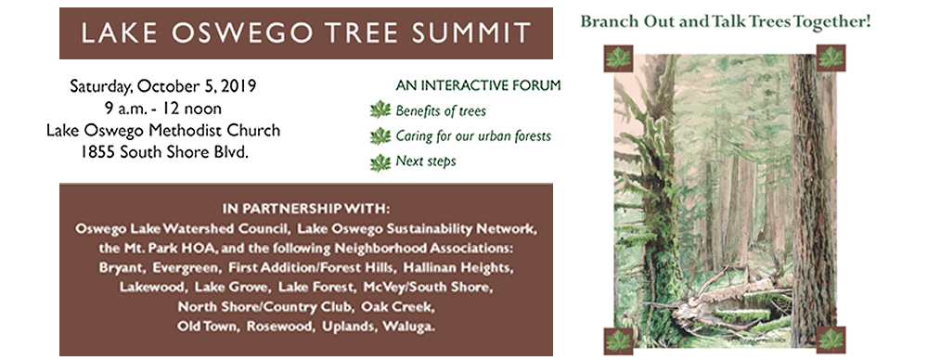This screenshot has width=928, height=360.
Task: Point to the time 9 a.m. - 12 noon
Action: [x=163, y=109]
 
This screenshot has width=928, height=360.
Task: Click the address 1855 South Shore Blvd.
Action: [x=163, y=152]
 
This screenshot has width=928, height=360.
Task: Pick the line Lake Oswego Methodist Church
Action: [x=163, y=130]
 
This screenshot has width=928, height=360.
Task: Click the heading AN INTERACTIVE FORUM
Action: [x=478, y=86]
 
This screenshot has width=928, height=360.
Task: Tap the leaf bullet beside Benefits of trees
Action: [x=380, y=110]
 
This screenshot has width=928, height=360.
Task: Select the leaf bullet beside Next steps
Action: [x=380, y=162]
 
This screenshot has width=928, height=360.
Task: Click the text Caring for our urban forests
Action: [x=473, y=136]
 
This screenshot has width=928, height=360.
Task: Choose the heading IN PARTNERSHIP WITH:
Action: [x=306, y=207]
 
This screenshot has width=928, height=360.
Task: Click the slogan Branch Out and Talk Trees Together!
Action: [x=725, y=19]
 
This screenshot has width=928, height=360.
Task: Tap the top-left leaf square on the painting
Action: [x=617, y=58]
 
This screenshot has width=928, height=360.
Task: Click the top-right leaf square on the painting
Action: [x=831, y=57]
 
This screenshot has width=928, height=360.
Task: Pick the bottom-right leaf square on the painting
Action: [x=831, y=339]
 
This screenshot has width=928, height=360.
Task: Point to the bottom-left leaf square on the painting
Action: [x=617, y=340]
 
